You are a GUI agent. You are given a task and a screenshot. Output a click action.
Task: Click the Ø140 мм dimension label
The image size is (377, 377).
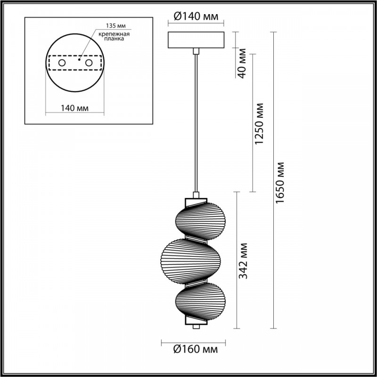pyautogui.click(x=196, y=16)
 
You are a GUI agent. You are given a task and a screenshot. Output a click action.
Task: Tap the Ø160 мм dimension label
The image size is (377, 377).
pyautogui.click(x=196, y=349)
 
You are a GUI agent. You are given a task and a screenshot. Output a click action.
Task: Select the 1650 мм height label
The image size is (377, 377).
pyautogui.click(x=279, y=183)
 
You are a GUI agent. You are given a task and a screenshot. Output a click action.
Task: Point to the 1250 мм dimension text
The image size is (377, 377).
pyautogui.click(x=259, y=123)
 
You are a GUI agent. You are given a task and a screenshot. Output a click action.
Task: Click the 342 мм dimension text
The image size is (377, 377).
pyautogui.click(x=243, y=261)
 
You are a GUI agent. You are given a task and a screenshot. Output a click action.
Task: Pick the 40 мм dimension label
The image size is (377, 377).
pyautogui.click(x=242, y=63)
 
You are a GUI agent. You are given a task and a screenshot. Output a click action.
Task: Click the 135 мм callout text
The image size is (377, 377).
pyautogui.click(x=116, y=25)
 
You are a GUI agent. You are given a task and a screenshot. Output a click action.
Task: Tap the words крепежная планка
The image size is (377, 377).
pyautogui.click(x=114, y=36)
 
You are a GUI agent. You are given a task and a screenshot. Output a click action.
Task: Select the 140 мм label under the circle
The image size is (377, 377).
pyautogui.click(x=74, y=108)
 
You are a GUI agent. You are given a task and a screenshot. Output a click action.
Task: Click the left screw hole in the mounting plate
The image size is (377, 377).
pyautogui.click(x=62, y=63)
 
